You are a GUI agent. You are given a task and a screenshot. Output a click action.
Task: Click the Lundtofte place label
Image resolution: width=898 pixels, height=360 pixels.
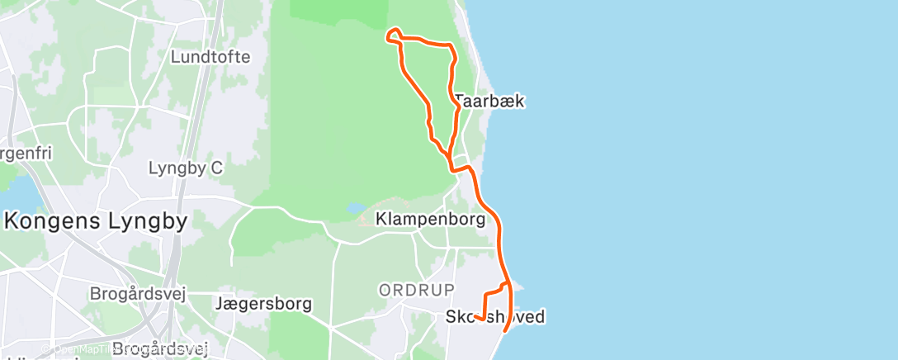coord(210,57)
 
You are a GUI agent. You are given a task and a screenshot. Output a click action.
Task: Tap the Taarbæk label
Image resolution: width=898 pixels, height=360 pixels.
coord(489,102)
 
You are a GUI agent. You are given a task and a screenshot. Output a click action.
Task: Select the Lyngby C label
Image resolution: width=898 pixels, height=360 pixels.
coord(186,168)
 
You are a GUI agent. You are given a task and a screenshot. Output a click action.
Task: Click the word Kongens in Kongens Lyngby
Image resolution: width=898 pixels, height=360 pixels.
coord(56,221)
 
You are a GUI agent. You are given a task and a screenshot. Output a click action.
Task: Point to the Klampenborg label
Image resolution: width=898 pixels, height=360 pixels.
coord(430,220)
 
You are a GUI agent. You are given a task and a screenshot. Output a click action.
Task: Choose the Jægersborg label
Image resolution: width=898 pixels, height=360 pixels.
coord(263,304)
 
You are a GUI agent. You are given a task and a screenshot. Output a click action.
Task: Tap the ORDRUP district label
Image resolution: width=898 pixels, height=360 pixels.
coord(417,290)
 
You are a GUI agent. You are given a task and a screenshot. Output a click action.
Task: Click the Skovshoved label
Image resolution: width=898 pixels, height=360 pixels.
coord(494,316)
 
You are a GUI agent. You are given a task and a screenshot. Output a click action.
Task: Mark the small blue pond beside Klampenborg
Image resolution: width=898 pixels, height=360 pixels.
coord(354,208)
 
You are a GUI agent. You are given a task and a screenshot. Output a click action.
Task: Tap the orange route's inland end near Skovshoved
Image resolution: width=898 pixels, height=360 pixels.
coord(477,317)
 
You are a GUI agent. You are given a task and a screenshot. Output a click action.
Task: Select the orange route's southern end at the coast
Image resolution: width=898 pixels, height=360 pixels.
coord(505,331)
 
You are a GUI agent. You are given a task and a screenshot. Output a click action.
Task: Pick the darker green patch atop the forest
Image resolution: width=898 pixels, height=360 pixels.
coord(338,12)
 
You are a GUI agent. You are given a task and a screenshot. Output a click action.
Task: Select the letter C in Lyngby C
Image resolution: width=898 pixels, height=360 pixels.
coord(216,168)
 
